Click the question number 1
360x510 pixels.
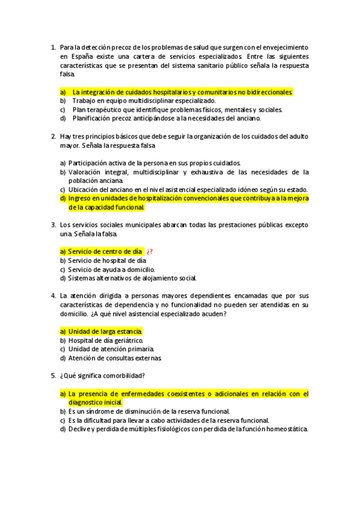pos(53,47)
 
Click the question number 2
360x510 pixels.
pos(53,136)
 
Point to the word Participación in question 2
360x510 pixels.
pos(89,163)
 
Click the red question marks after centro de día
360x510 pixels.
pos(150,251)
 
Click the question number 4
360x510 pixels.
pos(53,295)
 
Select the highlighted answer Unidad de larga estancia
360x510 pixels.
pos(105,331)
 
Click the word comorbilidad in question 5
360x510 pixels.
pos(122,376)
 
